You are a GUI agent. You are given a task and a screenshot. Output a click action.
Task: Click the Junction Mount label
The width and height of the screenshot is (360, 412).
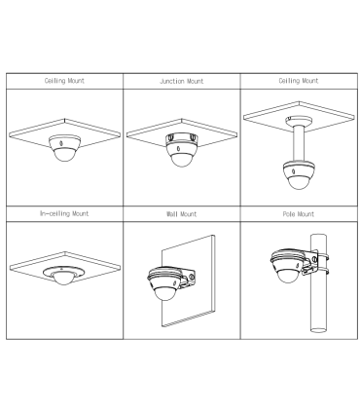pyautogui.click(x=181, y=81)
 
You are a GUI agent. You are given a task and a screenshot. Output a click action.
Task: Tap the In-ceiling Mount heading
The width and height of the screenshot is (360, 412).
pyautogui.click(x=64, y=213)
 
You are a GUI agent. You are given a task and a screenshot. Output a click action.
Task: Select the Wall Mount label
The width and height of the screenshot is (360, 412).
pyautogui.click(x=181, y=214)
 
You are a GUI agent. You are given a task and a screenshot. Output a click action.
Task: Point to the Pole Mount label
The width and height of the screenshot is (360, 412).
pyautogui.click(x=299, y=214)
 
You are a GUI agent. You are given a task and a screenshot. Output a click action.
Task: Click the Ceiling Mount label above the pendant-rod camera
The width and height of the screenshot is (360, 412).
pyautogui.click(x=299, y=81)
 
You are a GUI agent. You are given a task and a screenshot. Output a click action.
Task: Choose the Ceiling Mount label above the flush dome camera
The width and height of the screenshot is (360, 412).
pyautogui.click(x=64, y=81)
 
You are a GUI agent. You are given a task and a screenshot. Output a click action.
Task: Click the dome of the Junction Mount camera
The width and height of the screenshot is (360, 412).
pyautogui.click(x=182, y=159)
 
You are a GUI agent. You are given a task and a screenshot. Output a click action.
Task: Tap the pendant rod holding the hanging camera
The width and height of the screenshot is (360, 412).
pyautogui.click(x=299, y=143)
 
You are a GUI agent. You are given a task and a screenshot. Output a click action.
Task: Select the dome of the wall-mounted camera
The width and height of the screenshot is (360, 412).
pyautogui.click(x=165, y=293)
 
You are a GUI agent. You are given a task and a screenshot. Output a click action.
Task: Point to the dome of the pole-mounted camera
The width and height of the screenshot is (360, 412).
pyautogui.click(x=287, y=276)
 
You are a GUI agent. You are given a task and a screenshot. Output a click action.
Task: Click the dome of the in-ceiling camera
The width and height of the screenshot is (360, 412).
pyautogui.click(x=64, y=279)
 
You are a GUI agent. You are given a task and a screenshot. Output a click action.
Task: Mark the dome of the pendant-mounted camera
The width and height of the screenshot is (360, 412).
pyautogui.click(x=299, y=182)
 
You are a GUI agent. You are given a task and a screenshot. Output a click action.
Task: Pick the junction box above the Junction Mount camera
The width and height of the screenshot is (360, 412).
pyautogui.click(x=181, y=138)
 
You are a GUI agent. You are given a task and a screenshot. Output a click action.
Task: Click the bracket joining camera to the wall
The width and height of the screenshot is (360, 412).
pyautogui.click(x=188, y=279)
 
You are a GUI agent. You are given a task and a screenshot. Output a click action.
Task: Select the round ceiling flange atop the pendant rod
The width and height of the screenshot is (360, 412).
pyautogui.click(x=299, y=121)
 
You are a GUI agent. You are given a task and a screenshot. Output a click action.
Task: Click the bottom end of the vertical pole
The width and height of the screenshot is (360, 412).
pyautogui.click(x=318, y=330)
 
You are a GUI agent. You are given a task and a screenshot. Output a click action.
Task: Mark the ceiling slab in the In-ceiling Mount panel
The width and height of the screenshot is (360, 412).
pyautogui.click(x=65, y=267)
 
